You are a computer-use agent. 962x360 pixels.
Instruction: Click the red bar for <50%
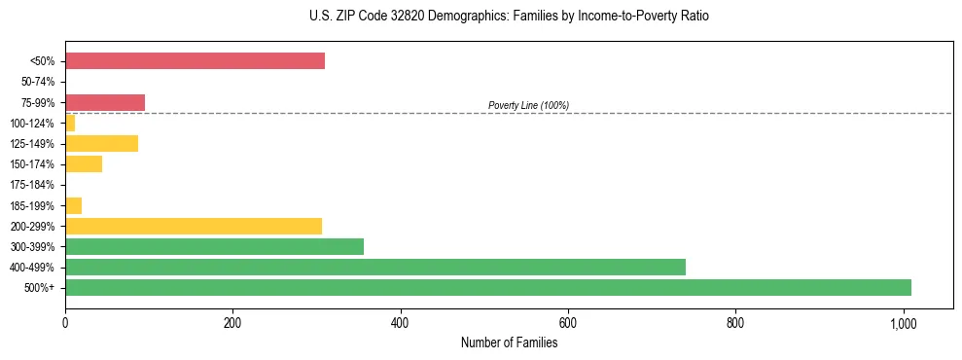195,61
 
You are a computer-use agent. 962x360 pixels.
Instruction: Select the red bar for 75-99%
105,102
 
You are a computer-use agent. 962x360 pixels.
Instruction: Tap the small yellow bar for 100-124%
70,124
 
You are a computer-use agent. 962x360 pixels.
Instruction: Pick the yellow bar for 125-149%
101,144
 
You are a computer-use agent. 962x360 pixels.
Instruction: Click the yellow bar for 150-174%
84,164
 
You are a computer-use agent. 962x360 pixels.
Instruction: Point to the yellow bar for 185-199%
74,205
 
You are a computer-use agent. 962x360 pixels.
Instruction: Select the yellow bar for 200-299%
194,226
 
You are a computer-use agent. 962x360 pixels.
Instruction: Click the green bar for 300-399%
214,246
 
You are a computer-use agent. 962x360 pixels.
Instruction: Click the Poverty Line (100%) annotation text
528,105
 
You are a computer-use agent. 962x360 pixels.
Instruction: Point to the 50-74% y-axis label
38,83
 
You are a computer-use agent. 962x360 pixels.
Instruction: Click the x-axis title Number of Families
509,342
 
